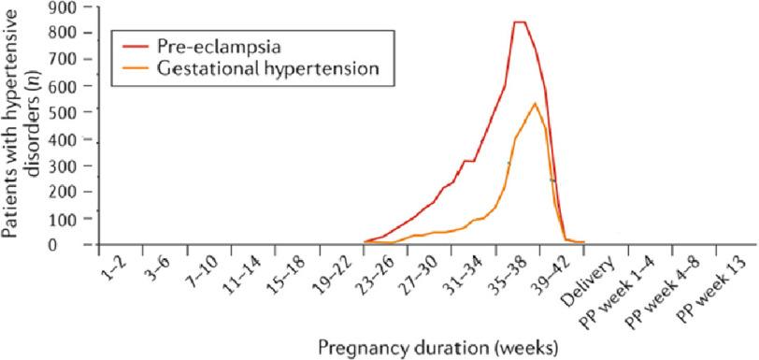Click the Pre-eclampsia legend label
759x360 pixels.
pos(205,44)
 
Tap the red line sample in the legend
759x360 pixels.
pos(131,44)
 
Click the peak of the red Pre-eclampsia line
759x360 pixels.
pos(520,22)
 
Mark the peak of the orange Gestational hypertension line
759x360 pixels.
pos(534,103)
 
